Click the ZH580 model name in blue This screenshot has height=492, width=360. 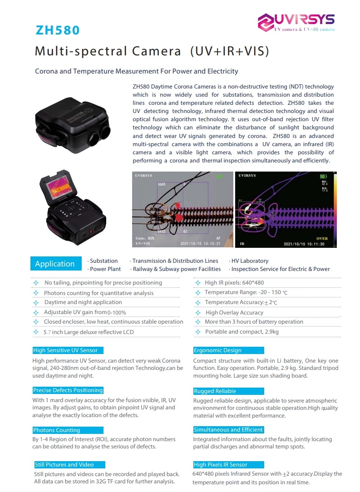tap(58, 30)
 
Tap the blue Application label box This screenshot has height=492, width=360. tap(55, 264)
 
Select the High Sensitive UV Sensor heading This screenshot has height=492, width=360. tap(65, 350)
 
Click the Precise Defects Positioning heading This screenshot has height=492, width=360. tap(68, 390)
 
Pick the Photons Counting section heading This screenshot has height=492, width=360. tap(56, 430)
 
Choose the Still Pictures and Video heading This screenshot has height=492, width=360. tap(64, 465)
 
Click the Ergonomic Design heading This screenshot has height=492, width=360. tap(217, 350)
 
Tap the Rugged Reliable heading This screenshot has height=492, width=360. tap(215, 391)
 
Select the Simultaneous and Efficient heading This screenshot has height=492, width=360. tap(228, 430)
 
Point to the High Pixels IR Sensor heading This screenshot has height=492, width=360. tap(221, 465)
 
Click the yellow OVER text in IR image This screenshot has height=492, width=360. tap(322, 238)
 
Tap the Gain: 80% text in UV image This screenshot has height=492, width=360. tap(145, 238)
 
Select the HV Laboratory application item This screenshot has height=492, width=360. tap(249, 261)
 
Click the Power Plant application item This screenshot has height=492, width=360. tap(105, 269)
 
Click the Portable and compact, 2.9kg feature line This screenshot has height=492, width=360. tap(242, 332)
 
